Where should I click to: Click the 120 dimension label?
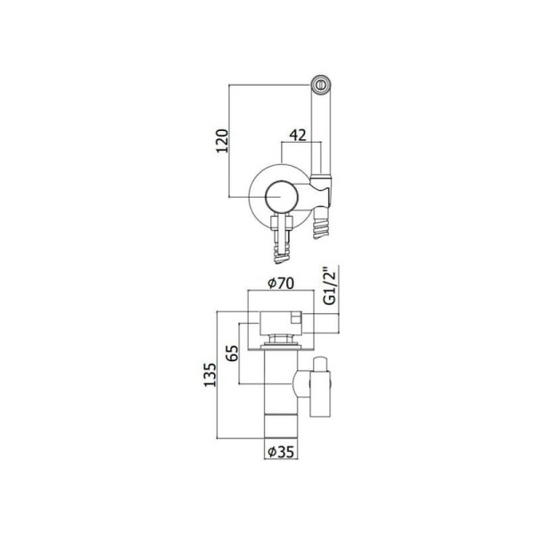(x=222, y=141)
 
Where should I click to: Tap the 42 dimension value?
(x=298, y=136)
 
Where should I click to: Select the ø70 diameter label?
(x=281, y=284)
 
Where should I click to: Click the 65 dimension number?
(x=233, y=353)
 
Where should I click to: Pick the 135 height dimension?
(x=210, y=375)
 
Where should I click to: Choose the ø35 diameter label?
(x=281, y=452)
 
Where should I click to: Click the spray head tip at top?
(x=321, y=84)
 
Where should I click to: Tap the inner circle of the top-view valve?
(x=281, y=197)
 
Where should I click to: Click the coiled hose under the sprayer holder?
(x=320, y=226)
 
